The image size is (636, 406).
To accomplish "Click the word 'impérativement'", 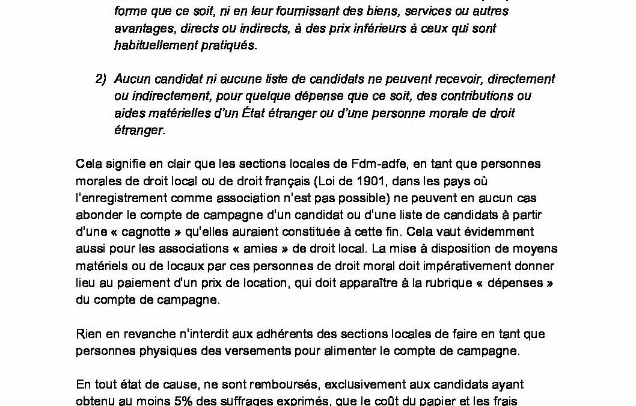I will [x=466, y=266].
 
